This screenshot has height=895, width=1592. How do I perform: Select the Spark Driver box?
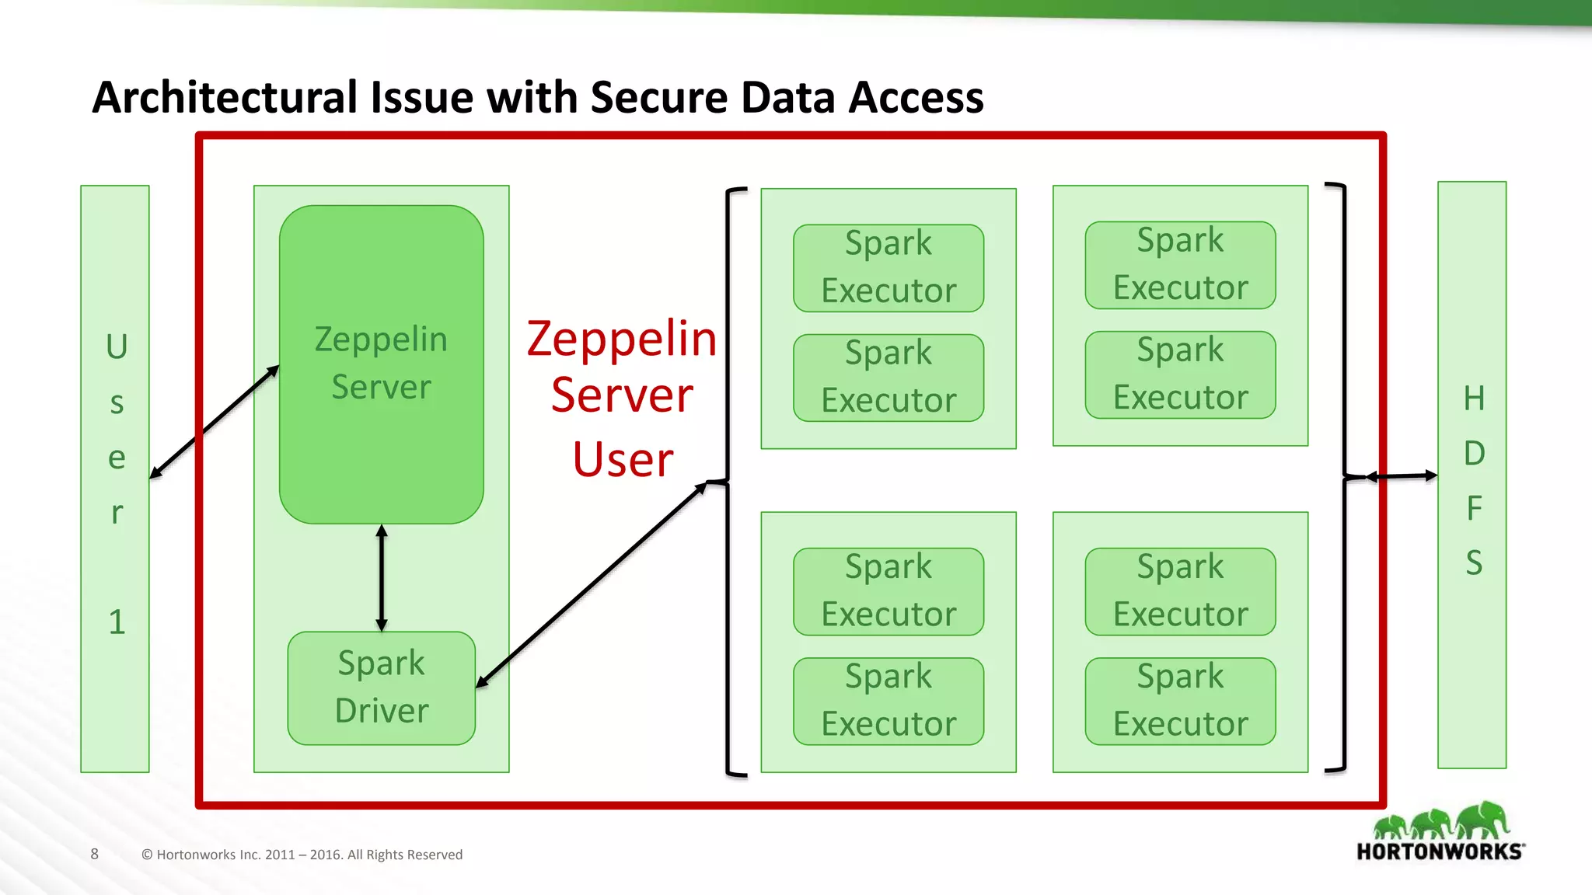381,688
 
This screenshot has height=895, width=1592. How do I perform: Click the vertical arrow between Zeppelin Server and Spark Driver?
381,578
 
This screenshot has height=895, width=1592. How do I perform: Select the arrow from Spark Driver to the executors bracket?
591,584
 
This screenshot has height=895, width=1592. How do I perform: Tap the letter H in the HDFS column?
1474,399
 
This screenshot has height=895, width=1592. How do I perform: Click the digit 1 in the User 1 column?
117,622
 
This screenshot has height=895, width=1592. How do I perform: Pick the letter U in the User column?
117,347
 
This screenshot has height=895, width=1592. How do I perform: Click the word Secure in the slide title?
660,98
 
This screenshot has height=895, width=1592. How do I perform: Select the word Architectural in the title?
225,98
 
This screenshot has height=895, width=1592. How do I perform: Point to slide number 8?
95,854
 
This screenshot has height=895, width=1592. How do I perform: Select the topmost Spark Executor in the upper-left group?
889,268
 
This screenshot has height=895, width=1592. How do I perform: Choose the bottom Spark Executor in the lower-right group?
1180,701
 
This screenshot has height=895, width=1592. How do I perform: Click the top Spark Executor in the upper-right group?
1180,265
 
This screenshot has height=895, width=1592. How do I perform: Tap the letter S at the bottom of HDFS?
1474,562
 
